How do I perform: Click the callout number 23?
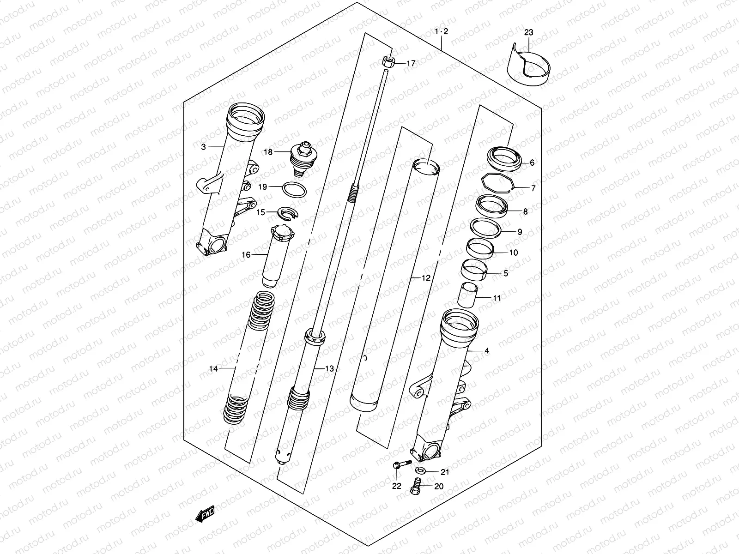(x=529, y=32)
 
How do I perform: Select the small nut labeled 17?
(x=388, y=61)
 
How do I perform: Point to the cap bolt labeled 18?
(x=302, y=159)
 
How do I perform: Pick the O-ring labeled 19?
(x=293, y=189)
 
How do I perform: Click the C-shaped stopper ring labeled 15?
(x=288, y=213)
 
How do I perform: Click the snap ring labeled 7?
(x=498, y=183)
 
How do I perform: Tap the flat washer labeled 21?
(x=421, y=470)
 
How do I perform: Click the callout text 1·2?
(x=442, y=32)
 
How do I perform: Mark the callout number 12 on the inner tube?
(x=425, y=278)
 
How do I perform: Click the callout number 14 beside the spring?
(x=213, y=368)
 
